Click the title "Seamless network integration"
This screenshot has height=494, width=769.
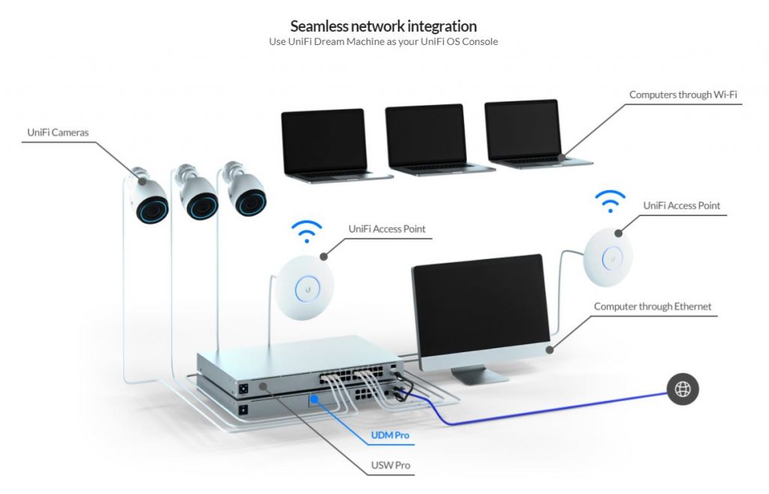383,26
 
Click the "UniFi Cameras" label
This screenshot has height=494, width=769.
58,133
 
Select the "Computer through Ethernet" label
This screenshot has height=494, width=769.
653,306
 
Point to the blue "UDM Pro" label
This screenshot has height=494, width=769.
391,435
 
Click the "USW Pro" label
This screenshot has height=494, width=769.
391,465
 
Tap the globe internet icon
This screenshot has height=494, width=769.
683,388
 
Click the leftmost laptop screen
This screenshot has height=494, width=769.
323,140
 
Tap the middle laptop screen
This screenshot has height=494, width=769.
424,135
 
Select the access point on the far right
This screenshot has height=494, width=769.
610,255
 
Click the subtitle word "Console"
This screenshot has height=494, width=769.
481,42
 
